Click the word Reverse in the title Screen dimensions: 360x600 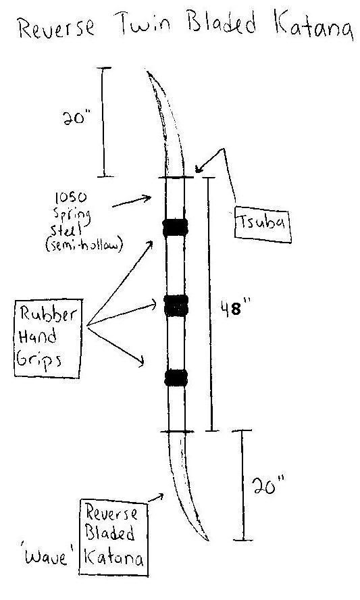point(56,28)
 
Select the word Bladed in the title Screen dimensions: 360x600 point(222,22)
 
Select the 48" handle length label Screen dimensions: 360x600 point(234,308)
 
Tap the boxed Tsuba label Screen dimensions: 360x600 point(263,224)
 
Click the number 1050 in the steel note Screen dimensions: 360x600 point(71,197)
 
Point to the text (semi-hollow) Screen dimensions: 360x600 point(84,244)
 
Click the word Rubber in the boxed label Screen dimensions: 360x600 point(48,314)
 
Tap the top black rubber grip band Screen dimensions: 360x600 point(175,228)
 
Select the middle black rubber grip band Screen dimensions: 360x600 point(176,305)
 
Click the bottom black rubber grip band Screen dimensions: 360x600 point(176,377)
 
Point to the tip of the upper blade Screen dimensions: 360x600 point(148,71)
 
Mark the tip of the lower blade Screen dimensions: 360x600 point(208,541)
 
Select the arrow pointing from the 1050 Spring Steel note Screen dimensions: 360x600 point(132,201)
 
